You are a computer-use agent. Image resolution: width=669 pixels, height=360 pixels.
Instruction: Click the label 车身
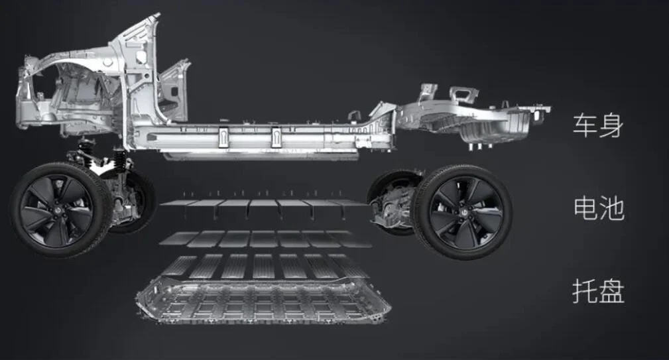click(x=598, y=125)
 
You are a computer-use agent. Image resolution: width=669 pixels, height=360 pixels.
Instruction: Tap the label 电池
click(x=598, y=208)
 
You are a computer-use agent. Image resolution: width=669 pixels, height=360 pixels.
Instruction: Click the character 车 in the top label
click(x=585, y=125)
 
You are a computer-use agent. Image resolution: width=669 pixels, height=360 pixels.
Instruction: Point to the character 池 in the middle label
click(x=611, y=208)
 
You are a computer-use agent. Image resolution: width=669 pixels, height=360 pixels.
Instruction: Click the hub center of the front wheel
click(x=60, y=210)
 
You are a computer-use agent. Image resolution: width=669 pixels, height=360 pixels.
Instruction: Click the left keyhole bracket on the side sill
click(x=224, y=138)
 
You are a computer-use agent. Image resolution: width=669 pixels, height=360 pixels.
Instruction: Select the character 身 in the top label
click(x=611, y=125)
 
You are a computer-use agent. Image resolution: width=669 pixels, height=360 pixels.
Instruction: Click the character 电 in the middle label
click(x=585, y=208)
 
